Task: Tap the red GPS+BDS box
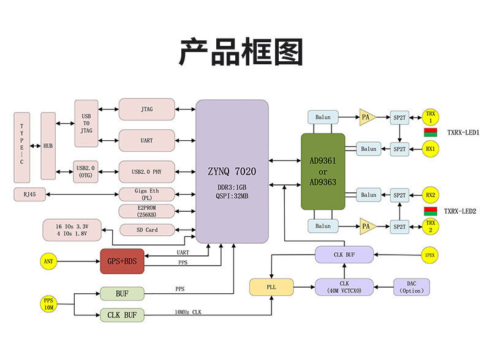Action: (x=122, y=261)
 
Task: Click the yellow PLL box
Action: (x=271, y=287)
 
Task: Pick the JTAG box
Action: (x=146, y=109)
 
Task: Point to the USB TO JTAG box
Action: (x=86, y=123)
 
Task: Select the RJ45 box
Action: (x=29, y=195)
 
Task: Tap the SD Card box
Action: (x=146, y=230)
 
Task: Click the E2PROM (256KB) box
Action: (x=146, y=211)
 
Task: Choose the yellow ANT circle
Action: (x=48, y=262)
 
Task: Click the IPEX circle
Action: (x=430, y=254)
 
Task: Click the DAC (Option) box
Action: (x=411, y=287)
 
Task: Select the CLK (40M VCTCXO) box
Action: (x=344, y=287)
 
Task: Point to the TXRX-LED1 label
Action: (x=463, y=132)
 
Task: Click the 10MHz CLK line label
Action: (x=187, y=313)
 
